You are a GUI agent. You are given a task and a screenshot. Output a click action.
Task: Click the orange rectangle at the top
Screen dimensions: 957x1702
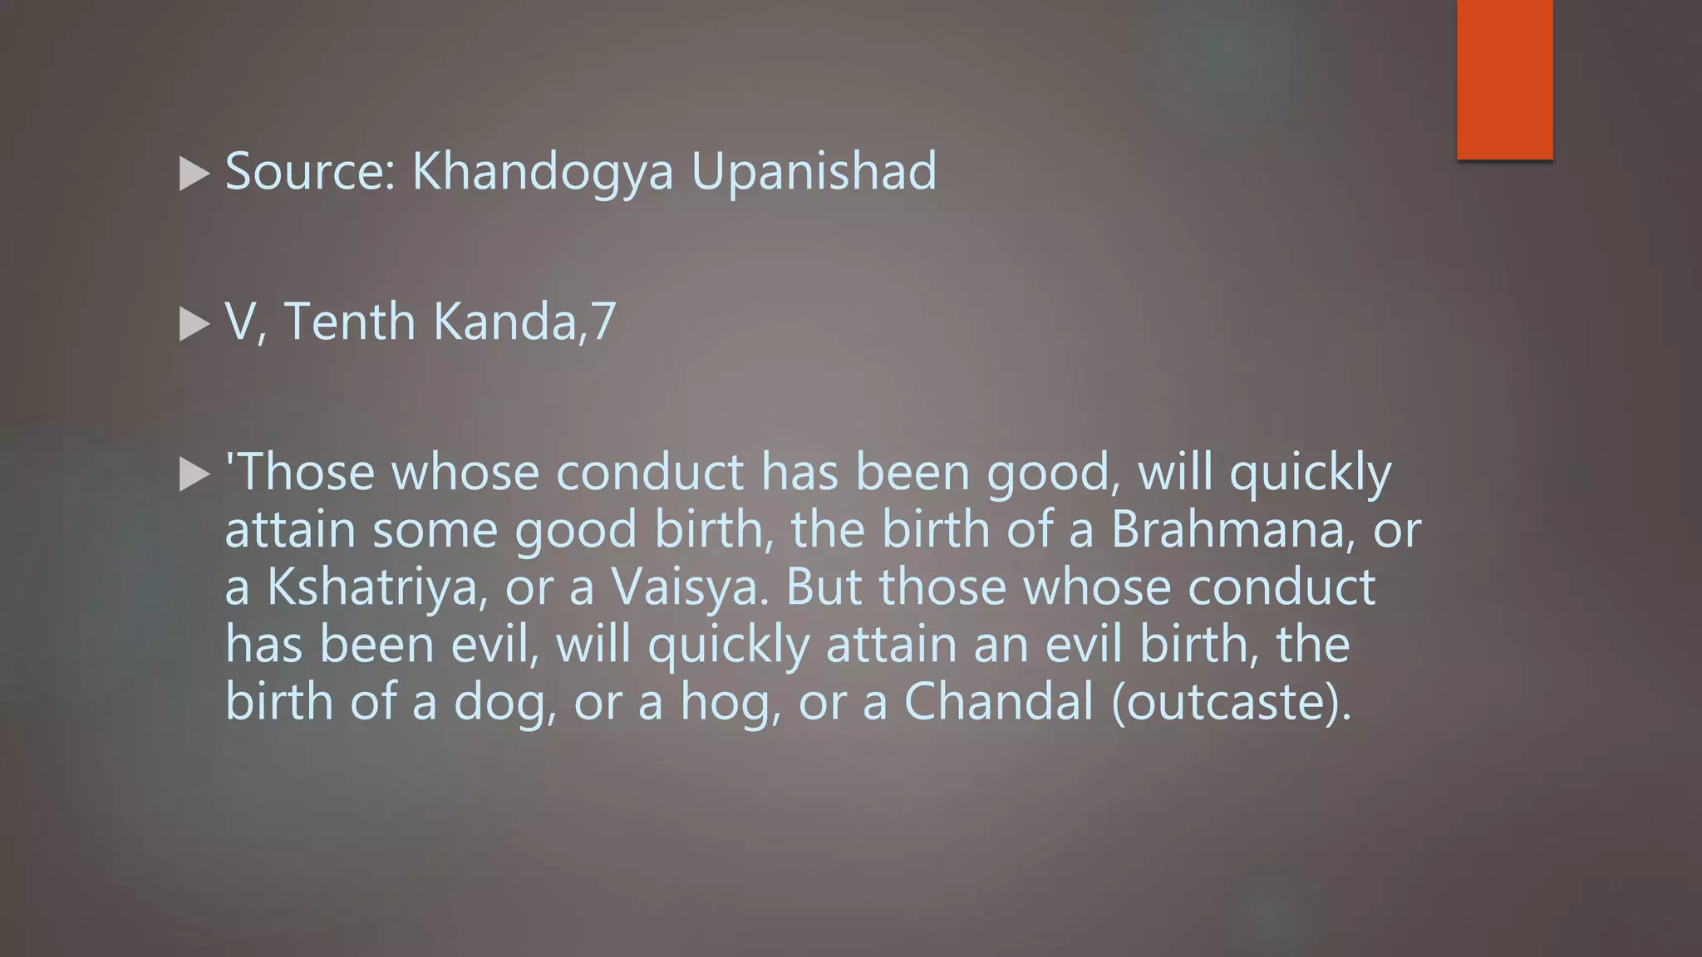[x=1504, y=79]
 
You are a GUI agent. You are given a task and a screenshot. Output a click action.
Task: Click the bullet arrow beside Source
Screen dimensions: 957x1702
[x=194, y=174]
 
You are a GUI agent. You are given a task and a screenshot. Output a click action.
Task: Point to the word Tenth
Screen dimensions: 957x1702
[x=349, y=321]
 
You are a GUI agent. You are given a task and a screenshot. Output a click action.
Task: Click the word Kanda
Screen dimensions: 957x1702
[x=504, y=321]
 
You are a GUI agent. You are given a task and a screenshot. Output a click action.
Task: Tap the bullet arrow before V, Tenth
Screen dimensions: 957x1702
[x=194, y=325]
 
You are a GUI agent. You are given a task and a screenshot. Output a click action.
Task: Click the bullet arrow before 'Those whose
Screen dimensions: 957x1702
[x=194, y=475]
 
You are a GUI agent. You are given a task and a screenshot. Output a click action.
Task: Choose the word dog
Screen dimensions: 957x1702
[x=504, y=703]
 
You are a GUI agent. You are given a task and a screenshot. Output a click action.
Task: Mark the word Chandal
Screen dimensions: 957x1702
[x=998, y=701]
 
